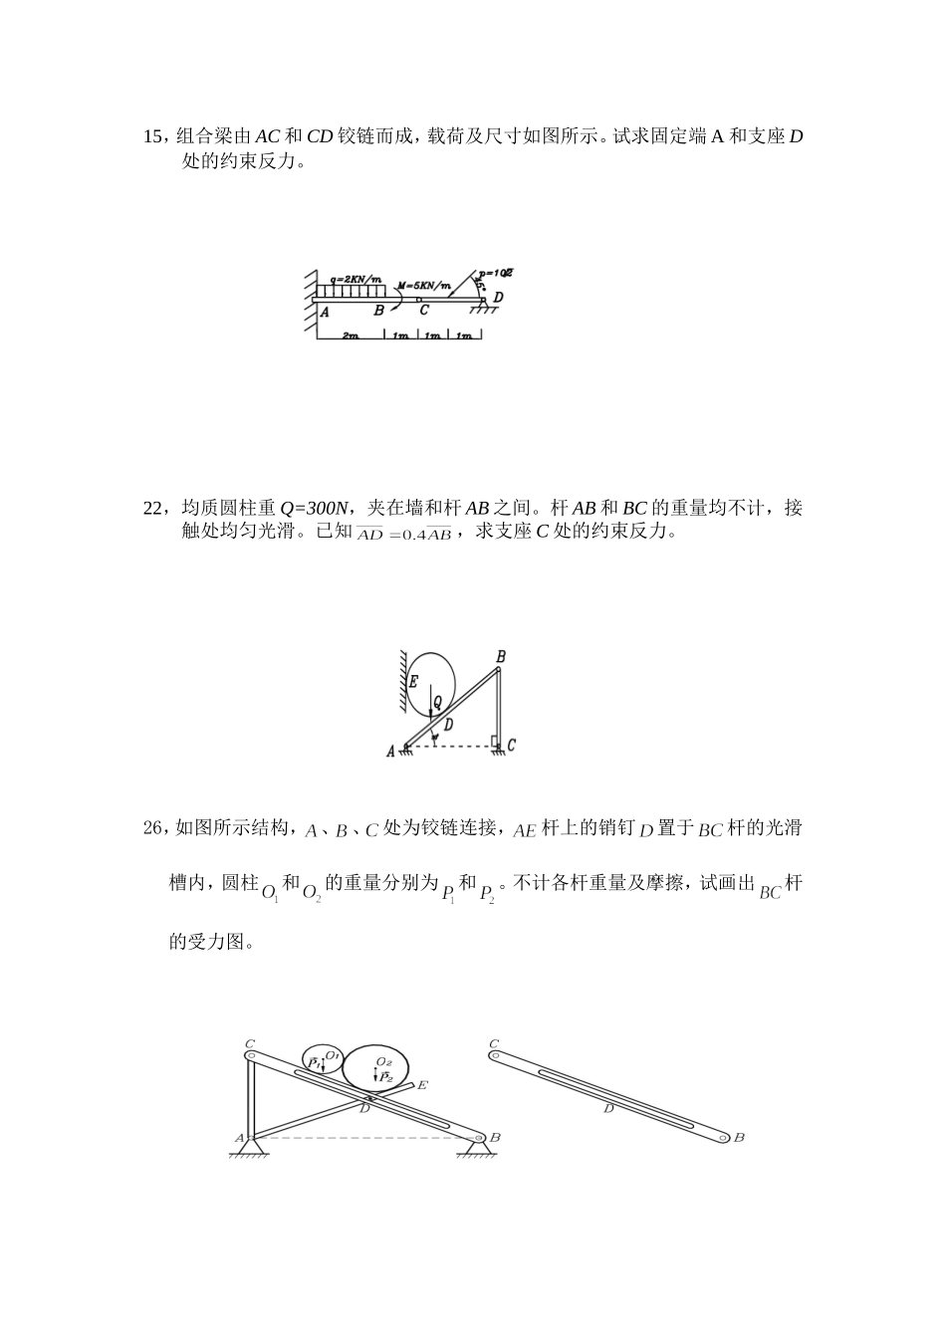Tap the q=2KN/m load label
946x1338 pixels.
tap(356, 279)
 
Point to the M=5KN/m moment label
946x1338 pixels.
tap(424, 286)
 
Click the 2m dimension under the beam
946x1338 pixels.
tap(350, 336)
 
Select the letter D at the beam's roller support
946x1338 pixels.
tap(498, 297)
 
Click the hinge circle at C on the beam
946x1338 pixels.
tap(419, 298)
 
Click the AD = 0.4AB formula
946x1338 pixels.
tap(404, 535)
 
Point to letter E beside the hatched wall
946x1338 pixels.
tap(413, 682)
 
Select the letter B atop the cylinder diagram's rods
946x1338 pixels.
tap(501, 657)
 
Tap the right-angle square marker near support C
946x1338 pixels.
tap(495, 740)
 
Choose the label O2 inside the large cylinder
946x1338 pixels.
tap(383, 1062)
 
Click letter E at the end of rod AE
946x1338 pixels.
tap(422, 1084)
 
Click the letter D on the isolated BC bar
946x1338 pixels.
tap(608, 1108)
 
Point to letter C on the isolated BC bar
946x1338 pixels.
tap(494, 1044)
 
